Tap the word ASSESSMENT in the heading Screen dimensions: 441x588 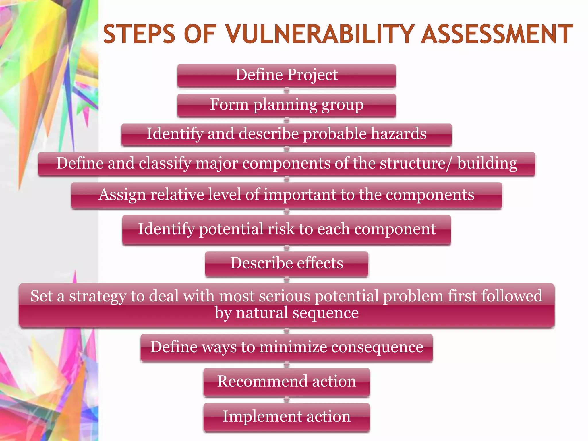coord(497,34)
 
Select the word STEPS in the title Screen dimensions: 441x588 coord(139,34)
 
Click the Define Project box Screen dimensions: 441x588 coord(287,75)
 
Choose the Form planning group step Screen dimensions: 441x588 coord(287,105)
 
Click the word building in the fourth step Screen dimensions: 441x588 coord(487,164)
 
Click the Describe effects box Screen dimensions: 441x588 coord(287,263)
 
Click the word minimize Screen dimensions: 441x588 coord(293,347)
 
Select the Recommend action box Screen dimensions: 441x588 coord(287,382)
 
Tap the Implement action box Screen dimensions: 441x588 coord(287,417)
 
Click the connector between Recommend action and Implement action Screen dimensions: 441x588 coord(287,400)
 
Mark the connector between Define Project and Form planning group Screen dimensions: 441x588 coord(287,91)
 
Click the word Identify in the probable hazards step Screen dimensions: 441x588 coord(175,134)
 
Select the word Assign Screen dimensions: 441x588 coord(122,195)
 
